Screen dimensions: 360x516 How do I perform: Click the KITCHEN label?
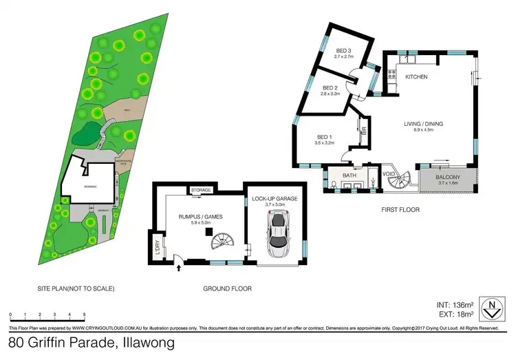coord(417,77)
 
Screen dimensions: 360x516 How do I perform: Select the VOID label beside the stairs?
coord(389,174)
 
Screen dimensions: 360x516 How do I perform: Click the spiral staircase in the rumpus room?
coord(222,242)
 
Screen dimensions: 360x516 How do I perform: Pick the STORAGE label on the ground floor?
coord(201,190)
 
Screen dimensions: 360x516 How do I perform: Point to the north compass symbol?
coord(490,308)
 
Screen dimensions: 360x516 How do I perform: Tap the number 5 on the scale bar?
coord(84,315)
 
